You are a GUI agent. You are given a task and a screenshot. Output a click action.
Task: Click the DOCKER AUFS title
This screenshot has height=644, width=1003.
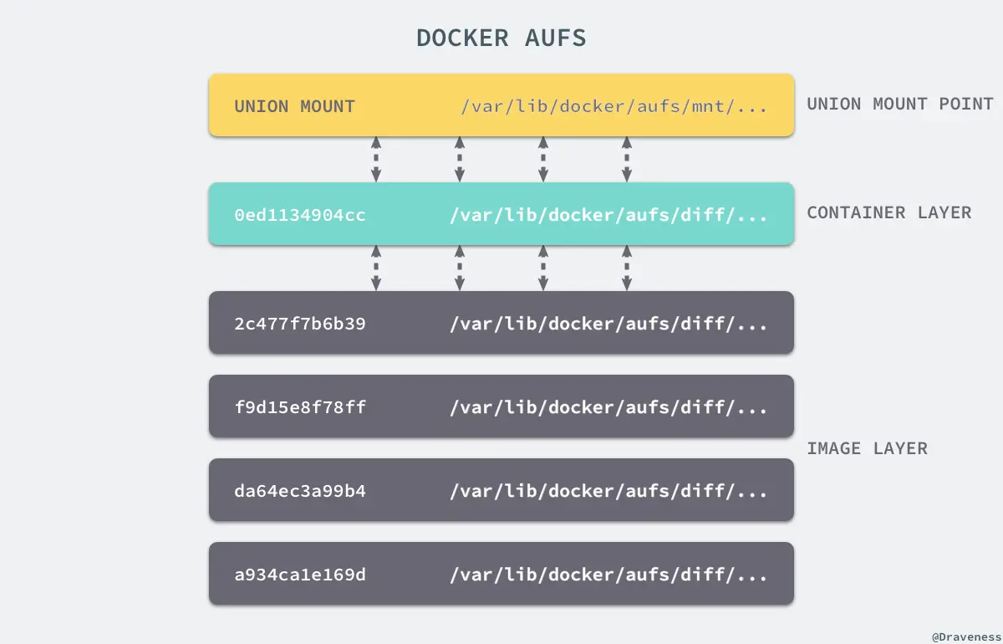[501, 38]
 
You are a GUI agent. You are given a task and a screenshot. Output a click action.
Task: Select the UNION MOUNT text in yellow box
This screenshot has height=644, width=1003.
[294, 107]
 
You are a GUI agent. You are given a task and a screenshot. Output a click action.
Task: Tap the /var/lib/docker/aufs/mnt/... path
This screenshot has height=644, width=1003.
[614, 107]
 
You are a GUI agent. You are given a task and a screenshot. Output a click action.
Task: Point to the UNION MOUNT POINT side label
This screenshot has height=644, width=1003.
[900, 105]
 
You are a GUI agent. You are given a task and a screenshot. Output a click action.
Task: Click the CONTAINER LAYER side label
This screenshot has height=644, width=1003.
[889, 212]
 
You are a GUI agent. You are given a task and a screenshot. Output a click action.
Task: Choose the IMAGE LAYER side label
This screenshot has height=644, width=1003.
[867, 448]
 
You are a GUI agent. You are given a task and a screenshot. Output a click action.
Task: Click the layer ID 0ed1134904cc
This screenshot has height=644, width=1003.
[300, 216]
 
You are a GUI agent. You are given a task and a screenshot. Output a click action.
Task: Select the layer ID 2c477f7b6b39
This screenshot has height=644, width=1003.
[300, 324]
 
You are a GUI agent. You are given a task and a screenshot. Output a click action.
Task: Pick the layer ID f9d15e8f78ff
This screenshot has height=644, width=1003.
[300, 407]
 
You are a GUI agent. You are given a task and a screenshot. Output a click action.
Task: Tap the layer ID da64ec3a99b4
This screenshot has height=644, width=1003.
[300, 491]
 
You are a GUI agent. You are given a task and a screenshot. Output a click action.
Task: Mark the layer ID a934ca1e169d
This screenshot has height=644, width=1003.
[300, 575]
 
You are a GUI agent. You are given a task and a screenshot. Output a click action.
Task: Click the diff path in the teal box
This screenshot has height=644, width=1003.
[608, 216]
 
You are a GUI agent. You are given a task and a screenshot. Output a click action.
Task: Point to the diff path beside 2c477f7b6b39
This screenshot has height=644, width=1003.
[608, 324]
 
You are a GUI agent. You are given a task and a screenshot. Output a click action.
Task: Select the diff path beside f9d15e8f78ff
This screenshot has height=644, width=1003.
[608, 407]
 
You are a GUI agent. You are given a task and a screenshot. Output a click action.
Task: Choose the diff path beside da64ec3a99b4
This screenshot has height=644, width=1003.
[608, 491]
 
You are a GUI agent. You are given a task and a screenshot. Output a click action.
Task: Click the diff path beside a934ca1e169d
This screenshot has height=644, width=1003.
[608, 575]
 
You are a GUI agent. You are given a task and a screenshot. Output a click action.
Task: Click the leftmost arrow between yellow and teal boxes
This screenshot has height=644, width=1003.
[376, 160]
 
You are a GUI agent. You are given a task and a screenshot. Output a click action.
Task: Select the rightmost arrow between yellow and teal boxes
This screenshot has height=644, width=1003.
[627, 160]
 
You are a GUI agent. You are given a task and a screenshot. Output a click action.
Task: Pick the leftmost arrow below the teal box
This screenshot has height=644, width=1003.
[376, 268]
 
